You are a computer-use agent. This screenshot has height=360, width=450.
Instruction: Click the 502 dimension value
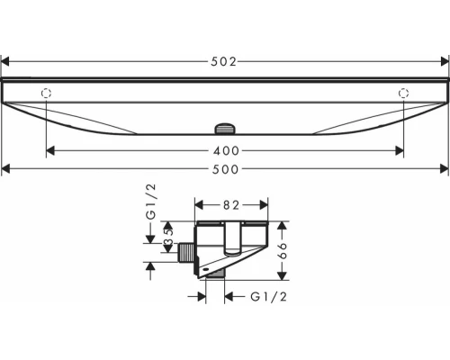click(223, 62)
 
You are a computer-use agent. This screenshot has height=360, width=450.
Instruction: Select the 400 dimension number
click(226, 151)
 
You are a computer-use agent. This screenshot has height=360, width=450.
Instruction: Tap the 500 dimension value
click(225, 169)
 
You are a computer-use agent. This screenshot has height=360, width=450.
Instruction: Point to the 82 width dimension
click(231, 205)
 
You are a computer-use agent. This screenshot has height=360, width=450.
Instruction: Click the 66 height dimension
click(283, 250)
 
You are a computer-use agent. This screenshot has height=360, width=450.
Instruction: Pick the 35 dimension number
click(169, 237)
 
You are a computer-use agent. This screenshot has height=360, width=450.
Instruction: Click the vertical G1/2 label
click(151, 202)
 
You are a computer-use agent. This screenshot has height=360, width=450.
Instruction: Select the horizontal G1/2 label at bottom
click(269, 297)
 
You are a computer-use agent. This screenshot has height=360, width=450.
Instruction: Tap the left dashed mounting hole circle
click(46, 94)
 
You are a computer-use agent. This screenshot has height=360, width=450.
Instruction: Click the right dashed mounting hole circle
click(403, 94)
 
